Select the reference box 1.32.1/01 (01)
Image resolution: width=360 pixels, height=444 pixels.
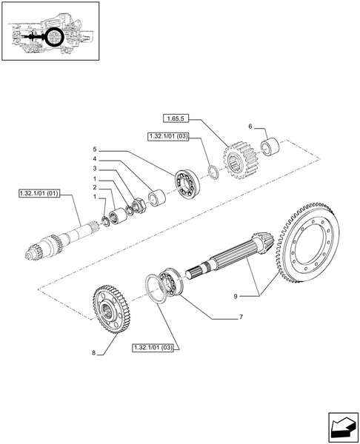[39, 195]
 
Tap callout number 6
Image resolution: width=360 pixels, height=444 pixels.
[251, 127]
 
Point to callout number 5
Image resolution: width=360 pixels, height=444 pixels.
[94, 149]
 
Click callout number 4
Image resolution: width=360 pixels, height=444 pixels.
[94, 159]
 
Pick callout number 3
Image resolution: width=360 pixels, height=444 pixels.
[94, 169]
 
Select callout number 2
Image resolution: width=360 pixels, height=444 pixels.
[94, 189]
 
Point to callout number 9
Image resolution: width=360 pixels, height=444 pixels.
[236, 296]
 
